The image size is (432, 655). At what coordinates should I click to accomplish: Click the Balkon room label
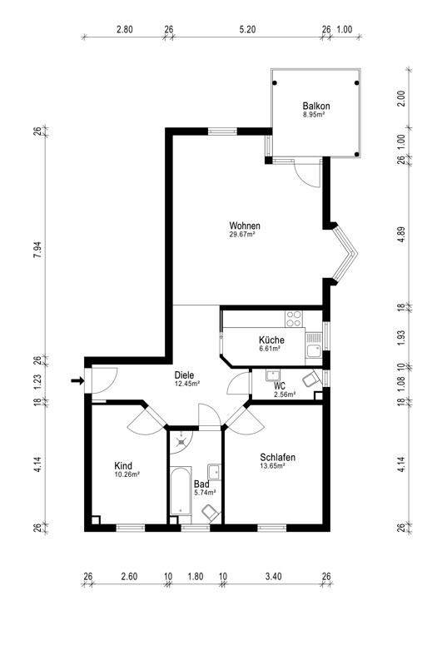pyautogui.click(x=316, y=106)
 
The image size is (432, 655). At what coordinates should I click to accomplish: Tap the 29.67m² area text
pyautogui.click(x=241, y=235)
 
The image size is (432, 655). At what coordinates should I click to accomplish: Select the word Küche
pyautogui.click(x=271, y=340)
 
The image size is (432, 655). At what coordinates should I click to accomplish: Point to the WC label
pyautogui.click(x=281, y=385)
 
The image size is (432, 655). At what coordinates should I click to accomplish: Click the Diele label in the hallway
pyautogui.click(x=185, y=375)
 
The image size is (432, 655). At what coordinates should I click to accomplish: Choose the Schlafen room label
pyautogui.click(x=277, y=458)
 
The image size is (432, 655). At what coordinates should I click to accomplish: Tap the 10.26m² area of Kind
pyautogui.click(x=127, y=474)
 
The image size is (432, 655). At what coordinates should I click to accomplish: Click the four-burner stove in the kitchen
pyautogui.click(x=295, y=318)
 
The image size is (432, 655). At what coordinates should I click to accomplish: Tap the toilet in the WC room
pyautogui.click(x=310, y=380)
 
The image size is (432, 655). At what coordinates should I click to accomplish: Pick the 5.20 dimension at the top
pyautogui.click(x=247, y=29)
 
